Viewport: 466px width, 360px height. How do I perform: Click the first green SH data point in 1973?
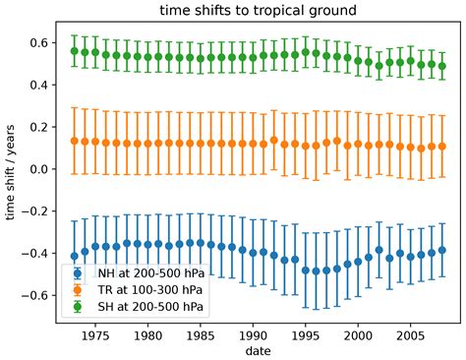(x=75, y=51)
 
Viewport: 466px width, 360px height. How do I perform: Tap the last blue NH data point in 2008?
(x=441, y=251)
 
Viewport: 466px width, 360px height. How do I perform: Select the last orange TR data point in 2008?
(x=441, y=147)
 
